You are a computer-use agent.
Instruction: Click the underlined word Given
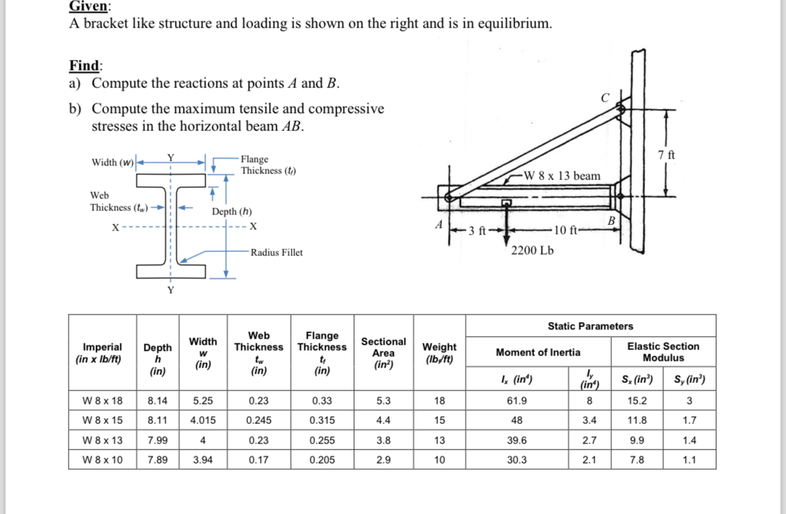point(90,7)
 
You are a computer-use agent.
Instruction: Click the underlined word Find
point(85,66)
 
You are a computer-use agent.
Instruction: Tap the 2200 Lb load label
point(533,251)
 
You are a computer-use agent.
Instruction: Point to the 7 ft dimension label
point(668,155)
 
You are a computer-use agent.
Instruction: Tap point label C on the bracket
point(605,97)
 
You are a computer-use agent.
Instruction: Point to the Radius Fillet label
point(276,253)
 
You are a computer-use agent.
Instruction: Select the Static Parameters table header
point(590,326)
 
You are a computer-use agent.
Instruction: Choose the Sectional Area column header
point(383,353)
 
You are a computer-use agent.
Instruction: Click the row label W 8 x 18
point(102,401)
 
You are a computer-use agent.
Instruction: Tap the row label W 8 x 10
point(102,460)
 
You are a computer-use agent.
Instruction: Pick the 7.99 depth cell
point(157,441)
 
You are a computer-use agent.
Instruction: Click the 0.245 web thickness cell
point(259,421)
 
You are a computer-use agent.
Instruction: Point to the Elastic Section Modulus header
point(662,352)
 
